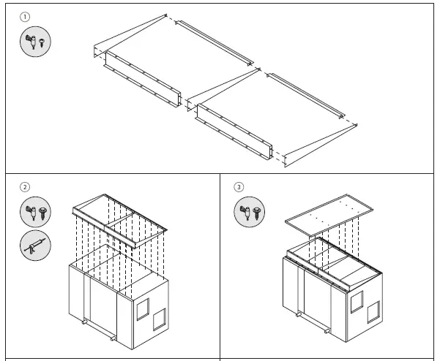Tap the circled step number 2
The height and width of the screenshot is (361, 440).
[25, 187]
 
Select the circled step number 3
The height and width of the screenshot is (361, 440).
[239, 187]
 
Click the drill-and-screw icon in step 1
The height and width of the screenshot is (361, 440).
[35, 42]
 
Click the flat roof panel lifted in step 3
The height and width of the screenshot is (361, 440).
[329, 218]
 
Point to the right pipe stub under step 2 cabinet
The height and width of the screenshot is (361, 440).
[112, 339]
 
